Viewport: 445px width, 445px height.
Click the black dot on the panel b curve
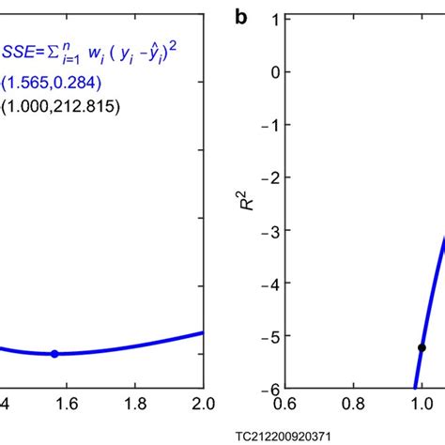pos(422,347)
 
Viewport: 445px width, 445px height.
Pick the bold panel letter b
pos(242,16)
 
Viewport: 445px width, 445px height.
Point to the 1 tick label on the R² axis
pos(273,20)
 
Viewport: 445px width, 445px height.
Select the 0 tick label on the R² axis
pos(273,72)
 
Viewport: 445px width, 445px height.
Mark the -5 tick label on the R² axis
pos(270,335)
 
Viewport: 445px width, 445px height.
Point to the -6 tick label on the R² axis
pos(270,388)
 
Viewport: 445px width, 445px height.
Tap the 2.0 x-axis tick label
pos(203,405)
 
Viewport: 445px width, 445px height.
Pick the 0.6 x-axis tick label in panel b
pos(283,405)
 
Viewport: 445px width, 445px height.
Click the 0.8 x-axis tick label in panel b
pos(352,405)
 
